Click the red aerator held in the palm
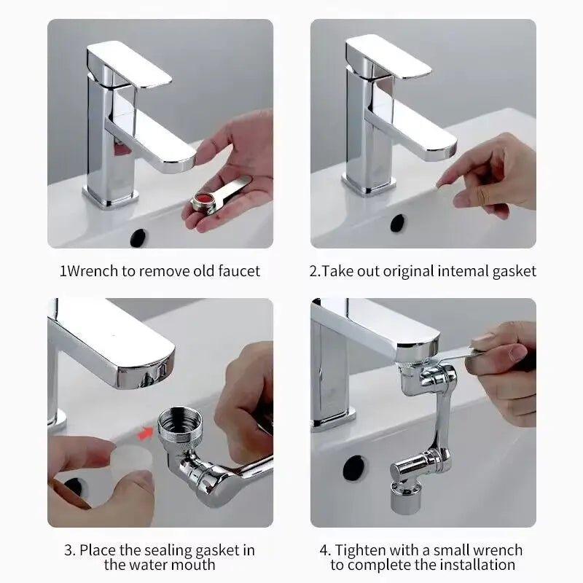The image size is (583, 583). tap(205, 200)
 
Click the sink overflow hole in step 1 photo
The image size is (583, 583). tap(138, 237)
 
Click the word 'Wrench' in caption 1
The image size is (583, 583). tap(91, 271)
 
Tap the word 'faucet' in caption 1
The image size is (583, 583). tap(237, 271)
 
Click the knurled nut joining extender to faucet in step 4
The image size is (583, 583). tap(413, 355)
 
